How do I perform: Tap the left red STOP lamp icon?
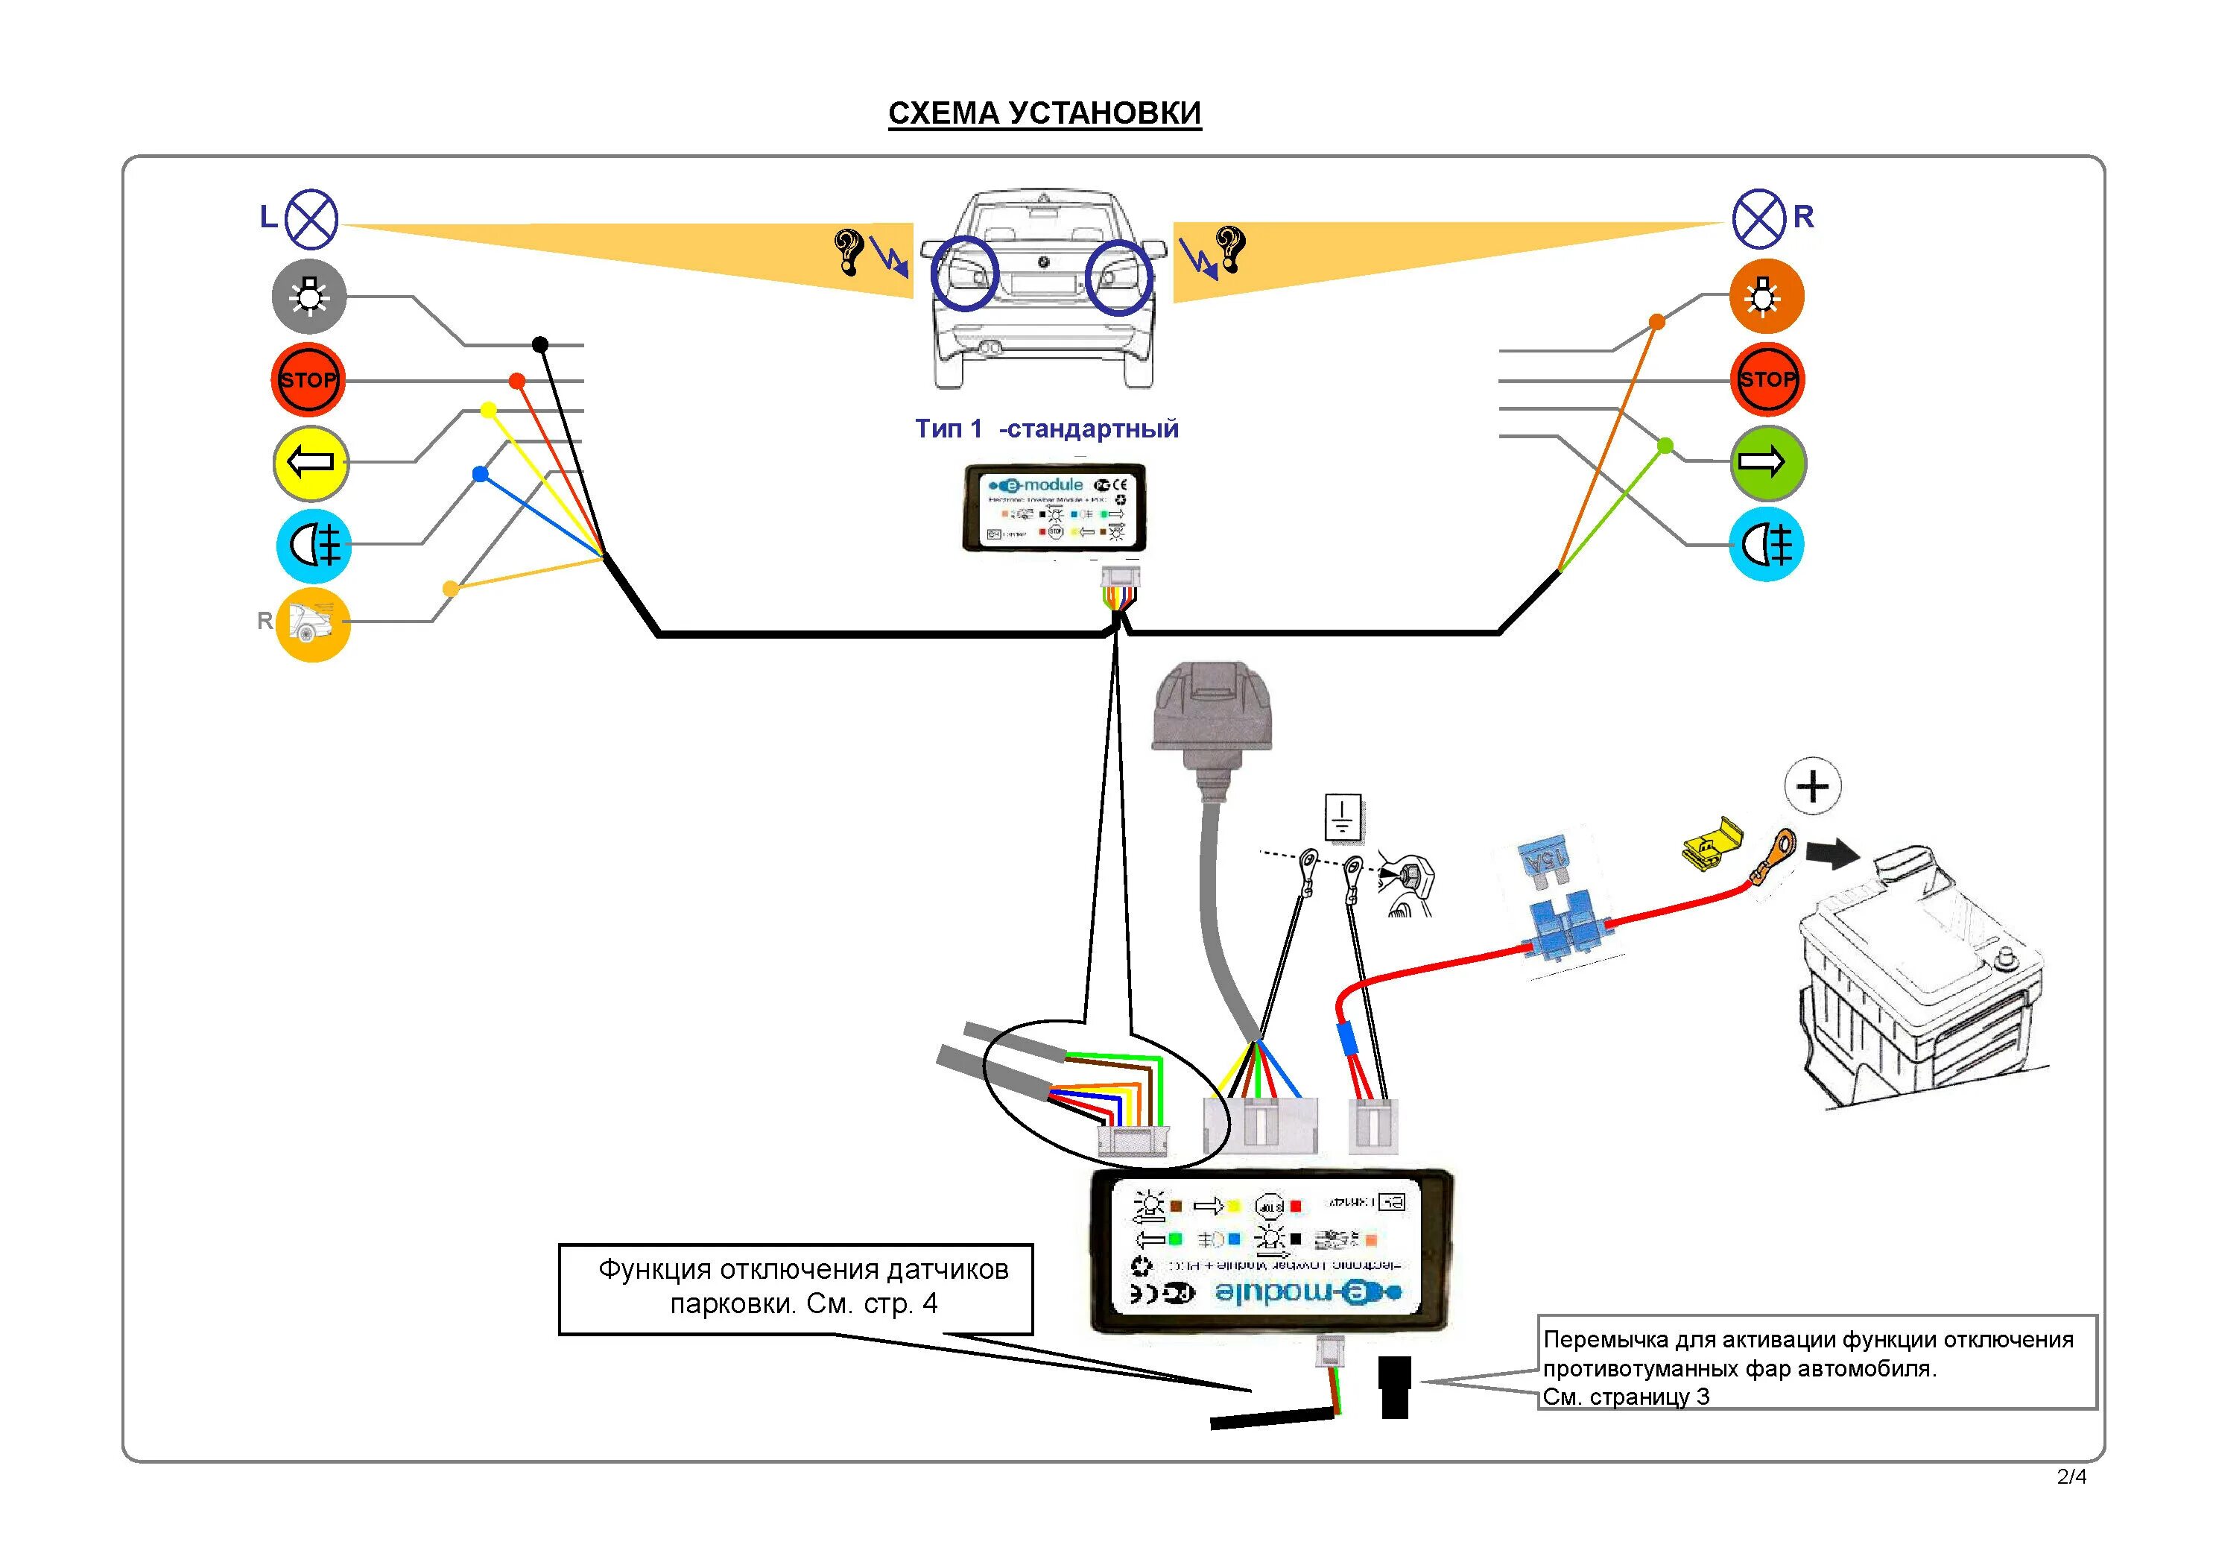(308, 380)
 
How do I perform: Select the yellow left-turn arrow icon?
(311, 463)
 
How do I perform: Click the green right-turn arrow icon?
(1767, 463)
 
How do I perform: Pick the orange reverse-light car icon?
(312, 624)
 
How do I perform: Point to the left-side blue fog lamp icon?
(313, 546)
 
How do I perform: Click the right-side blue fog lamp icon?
(1766, 546)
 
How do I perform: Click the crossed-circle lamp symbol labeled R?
(1759, 219)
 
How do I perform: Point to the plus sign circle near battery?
(1812, 787)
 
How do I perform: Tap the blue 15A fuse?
(1545, 859)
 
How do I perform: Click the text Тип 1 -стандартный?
(1047, 429)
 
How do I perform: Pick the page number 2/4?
(2071, 1477)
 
